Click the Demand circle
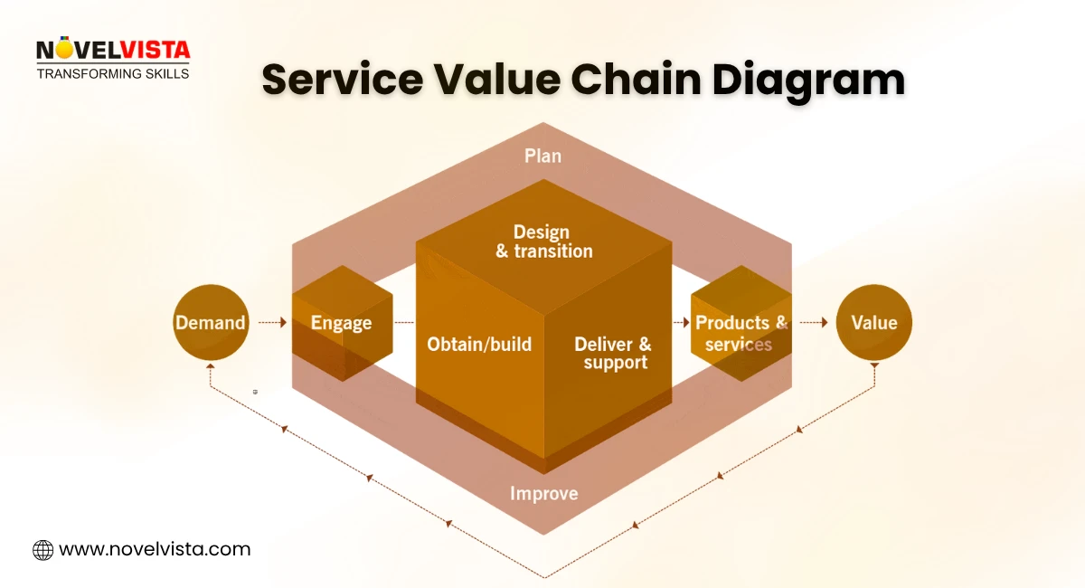[x=210, y=323]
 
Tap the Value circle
[x=873, y=323]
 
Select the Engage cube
[x=342, y=323]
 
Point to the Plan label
[x=542, y=156]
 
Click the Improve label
[x=543, y=493]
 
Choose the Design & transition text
[x=543, y=242]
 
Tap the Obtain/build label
[x=479, y=345]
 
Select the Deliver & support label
[x=613, y=353]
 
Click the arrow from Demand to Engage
[x=271, y=322]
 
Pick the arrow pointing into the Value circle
[x=813, y=322]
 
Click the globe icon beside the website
[x=42, y=549]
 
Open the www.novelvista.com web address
[x=155, y=549]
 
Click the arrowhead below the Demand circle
[x=210, y=368]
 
